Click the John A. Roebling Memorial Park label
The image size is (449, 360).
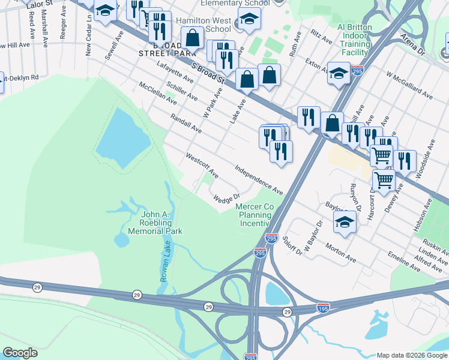161,223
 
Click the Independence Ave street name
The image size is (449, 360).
259,180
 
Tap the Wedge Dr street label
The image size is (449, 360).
226,197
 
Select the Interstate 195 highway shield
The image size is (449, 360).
323,307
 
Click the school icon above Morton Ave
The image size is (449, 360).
345,222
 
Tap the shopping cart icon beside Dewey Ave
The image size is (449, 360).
383,179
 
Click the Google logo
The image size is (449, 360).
20,353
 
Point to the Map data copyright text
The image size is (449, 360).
411,355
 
